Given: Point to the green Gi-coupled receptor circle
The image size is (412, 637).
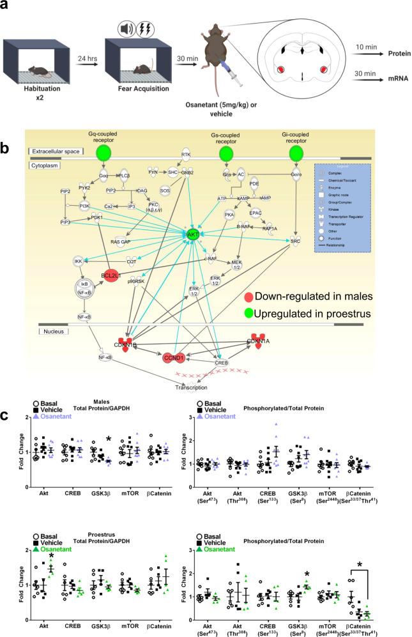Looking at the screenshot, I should pos(294,154).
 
